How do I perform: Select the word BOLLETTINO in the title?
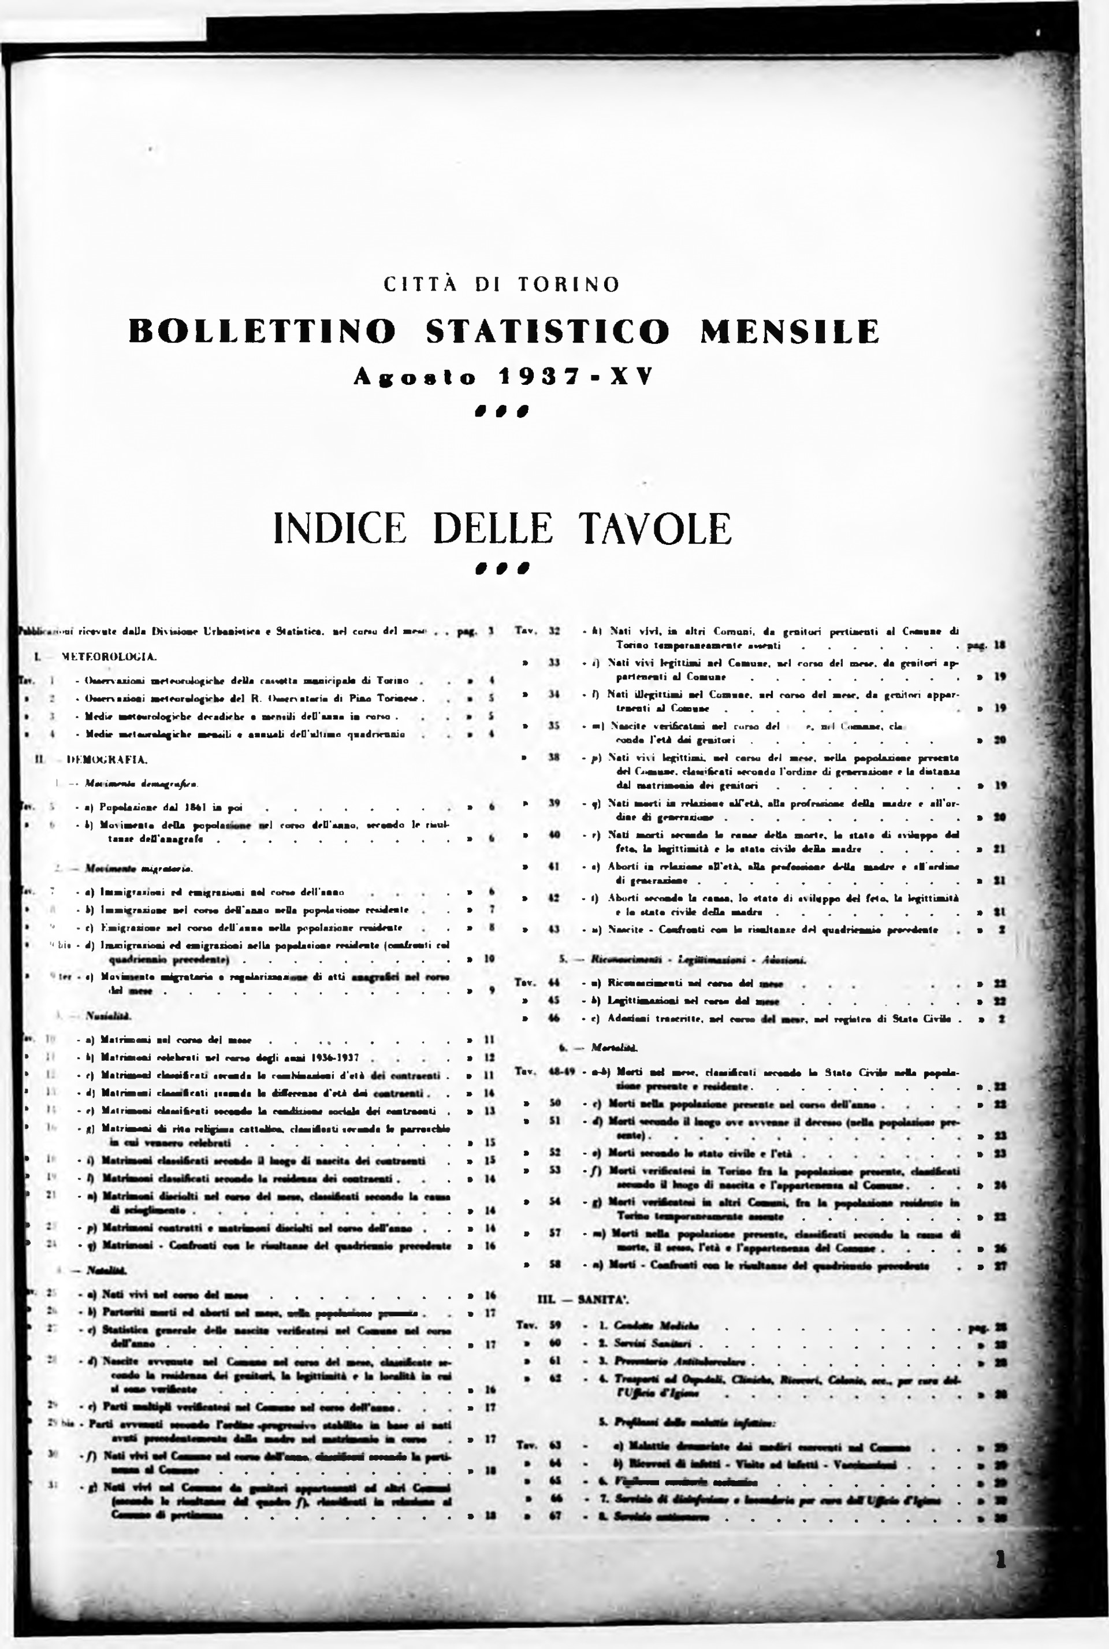[x=262, y=331]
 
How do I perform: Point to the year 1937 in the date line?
[x=542, y=377]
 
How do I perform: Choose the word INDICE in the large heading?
[x=340, y=529]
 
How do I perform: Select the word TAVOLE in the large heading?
[x=655, y=529]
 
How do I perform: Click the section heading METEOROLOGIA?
[x=109, y=656]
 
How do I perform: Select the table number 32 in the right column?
[x=554, y=630]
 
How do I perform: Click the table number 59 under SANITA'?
[x=554, y=1325]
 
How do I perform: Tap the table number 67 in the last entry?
[x=554, y=1517]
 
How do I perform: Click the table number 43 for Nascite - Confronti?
[x=554, y=930]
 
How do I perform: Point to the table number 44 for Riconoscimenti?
[x=554, y=983]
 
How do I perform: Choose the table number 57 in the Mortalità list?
[x=554, y=1233]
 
